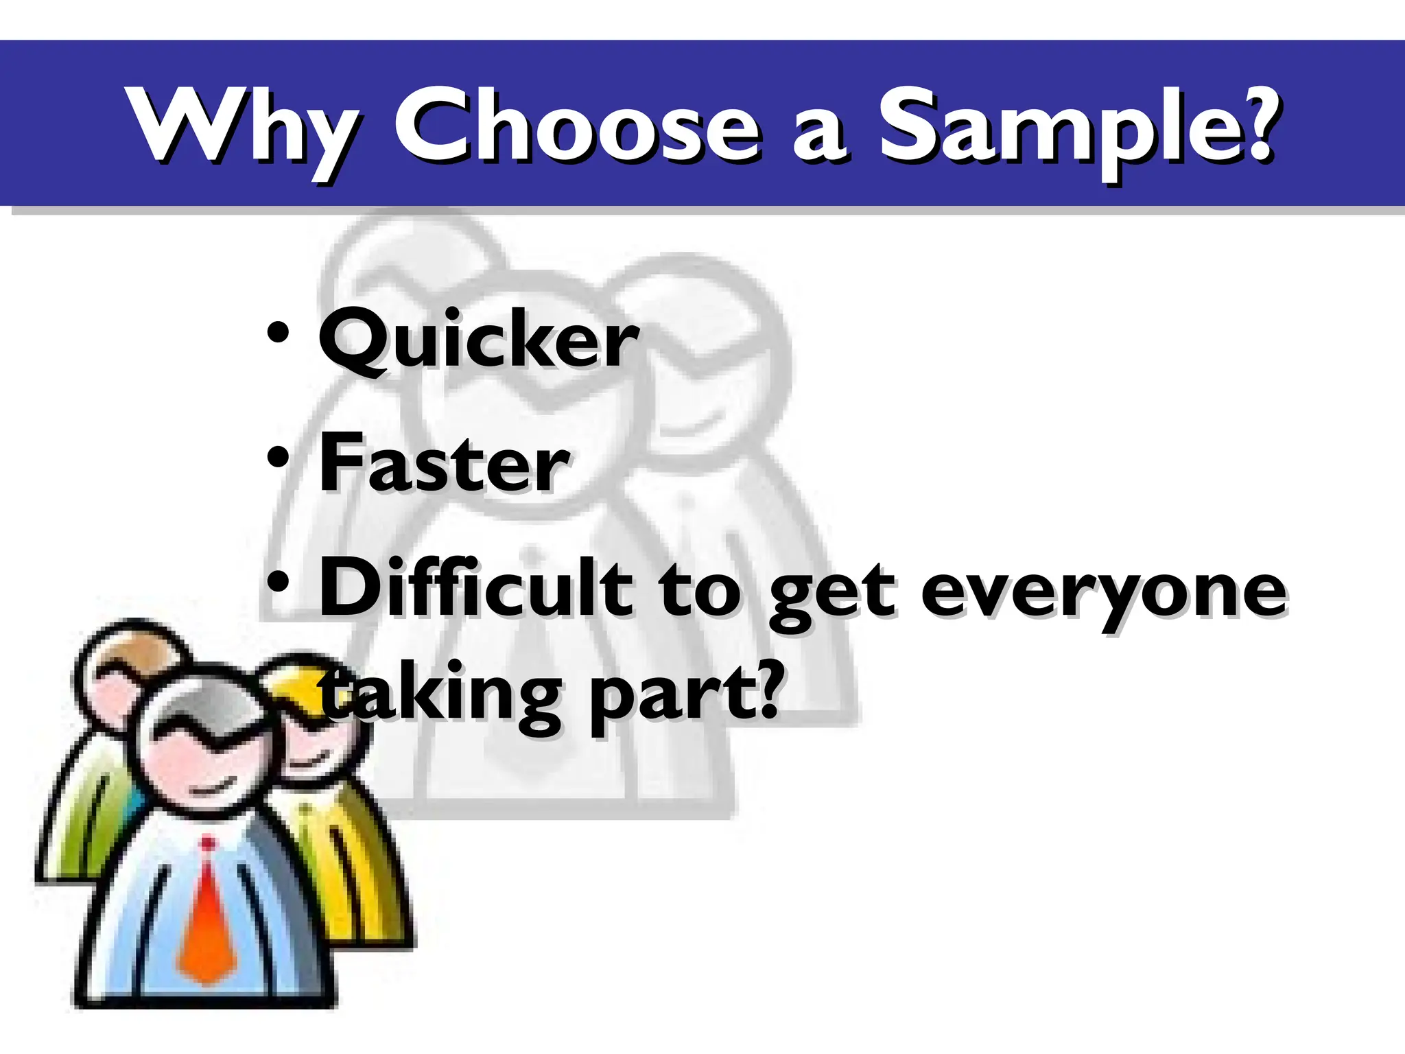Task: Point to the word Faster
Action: tap(444, 463)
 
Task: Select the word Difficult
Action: tap(476, 589)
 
